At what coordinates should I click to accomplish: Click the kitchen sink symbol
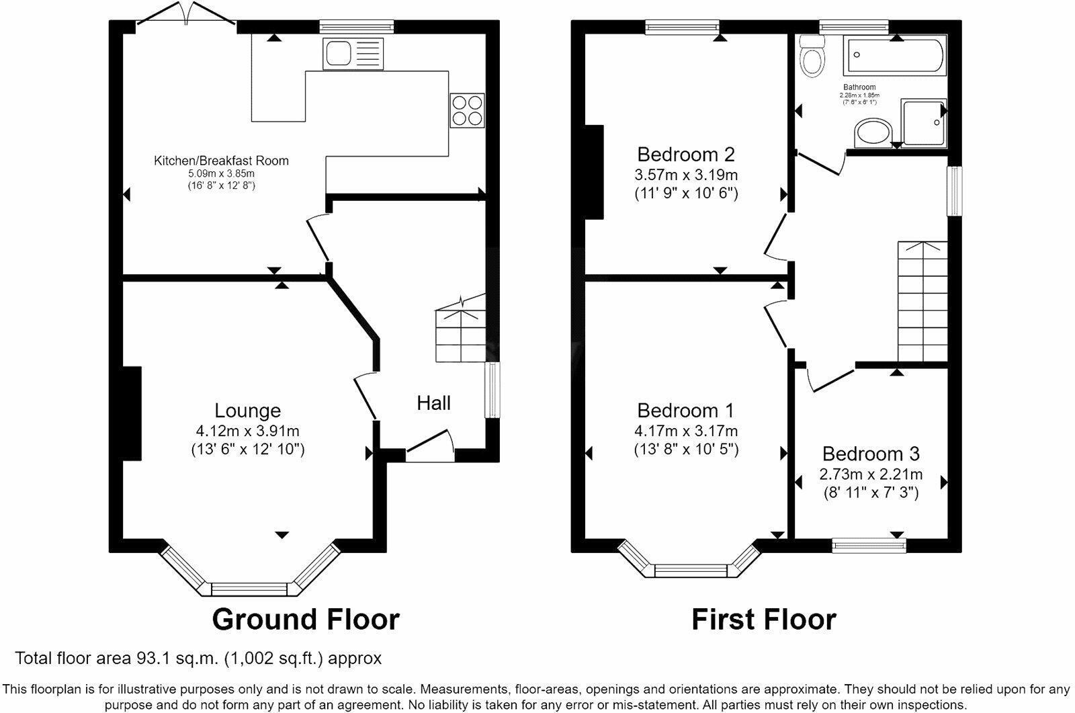pos(353,54)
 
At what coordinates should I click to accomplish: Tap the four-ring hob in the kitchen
pos(467,110)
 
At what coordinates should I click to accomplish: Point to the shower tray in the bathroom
pos(924,123)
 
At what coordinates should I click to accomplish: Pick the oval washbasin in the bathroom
pos(874,133)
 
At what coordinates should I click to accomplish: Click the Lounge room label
pos(247,410)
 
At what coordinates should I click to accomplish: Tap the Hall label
pos(433,403)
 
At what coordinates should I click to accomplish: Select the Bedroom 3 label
pos(871,454)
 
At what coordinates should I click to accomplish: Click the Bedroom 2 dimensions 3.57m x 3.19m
pos(686,175)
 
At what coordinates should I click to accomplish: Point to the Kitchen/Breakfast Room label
pos(221,161)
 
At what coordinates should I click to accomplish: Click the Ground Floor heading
pos(306,619)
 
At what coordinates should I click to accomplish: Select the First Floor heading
pos(764,619)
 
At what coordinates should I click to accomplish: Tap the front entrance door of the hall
pos(430,448)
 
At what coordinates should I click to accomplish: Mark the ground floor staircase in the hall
pos(460,329)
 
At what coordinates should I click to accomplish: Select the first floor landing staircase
pos(922,302)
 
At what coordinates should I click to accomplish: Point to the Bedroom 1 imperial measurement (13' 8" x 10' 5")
pos(686,450)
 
